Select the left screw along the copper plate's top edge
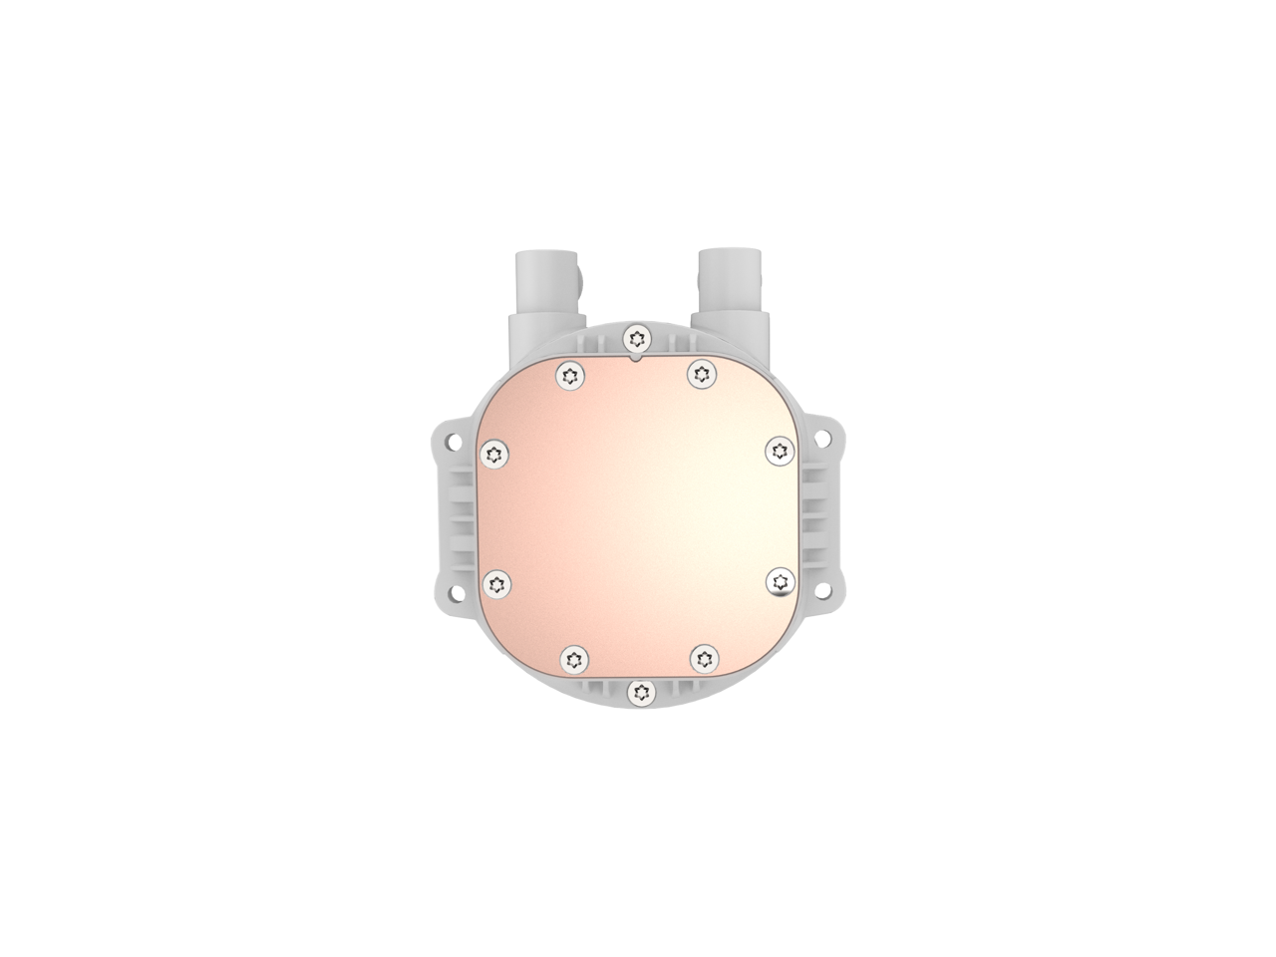pos(571,375)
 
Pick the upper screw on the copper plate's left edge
pos(494,455)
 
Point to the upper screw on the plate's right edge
pos(779,452)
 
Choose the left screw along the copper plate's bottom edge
pos(572,657)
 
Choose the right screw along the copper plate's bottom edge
pos(704,657)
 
